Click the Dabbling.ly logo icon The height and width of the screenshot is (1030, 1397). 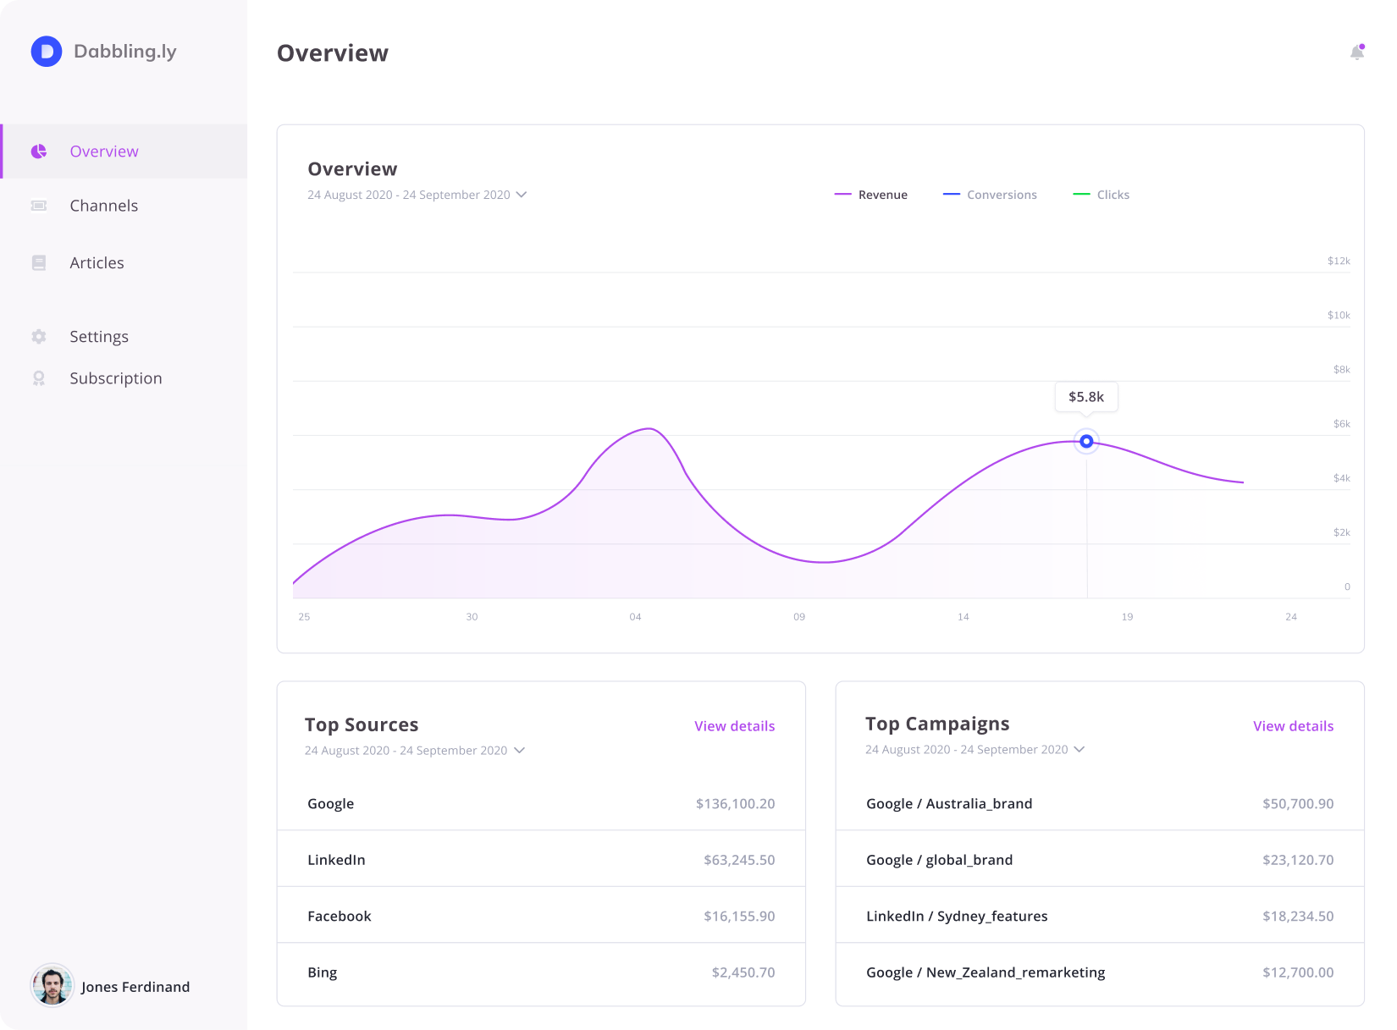[x=47, y=52]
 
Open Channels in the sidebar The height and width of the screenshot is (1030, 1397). [x=103, y=206]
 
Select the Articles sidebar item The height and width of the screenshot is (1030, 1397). [x=97, y=263]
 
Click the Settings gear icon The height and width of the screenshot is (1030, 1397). [x=39, y=337]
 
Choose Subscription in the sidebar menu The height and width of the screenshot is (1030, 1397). [x=115, y=378]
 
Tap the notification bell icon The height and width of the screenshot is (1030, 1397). [x=1356, y=52]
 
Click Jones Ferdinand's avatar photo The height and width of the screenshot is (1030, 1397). [x=52, y=986]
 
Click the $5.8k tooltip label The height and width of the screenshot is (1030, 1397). [x=1086, y=397]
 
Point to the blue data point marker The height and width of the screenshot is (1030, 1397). [x=1086, y=442]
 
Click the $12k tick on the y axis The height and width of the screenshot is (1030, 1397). [x=1339, y=261]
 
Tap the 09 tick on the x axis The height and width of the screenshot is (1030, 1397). [x=799, y=617]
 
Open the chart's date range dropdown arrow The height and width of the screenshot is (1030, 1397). [x=522, y=195]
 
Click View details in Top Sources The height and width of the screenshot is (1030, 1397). [x=734, y=726]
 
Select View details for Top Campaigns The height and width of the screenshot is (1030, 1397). [x=1293, y=726]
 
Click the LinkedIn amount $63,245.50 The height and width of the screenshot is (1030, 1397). [x=739, y=860]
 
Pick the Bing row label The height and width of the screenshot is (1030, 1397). [x=323, y=972]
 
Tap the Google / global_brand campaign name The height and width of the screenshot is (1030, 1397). [x=939, y=860]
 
